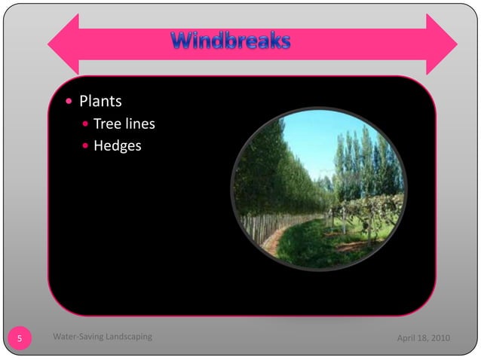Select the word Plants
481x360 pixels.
101,101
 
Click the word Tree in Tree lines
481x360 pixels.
106,124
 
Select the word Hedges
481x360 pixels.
118,145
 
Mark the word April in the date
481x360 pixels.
407,337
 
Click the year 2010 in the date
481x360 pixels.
440,337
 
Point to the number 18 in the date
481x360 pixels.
423,337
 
